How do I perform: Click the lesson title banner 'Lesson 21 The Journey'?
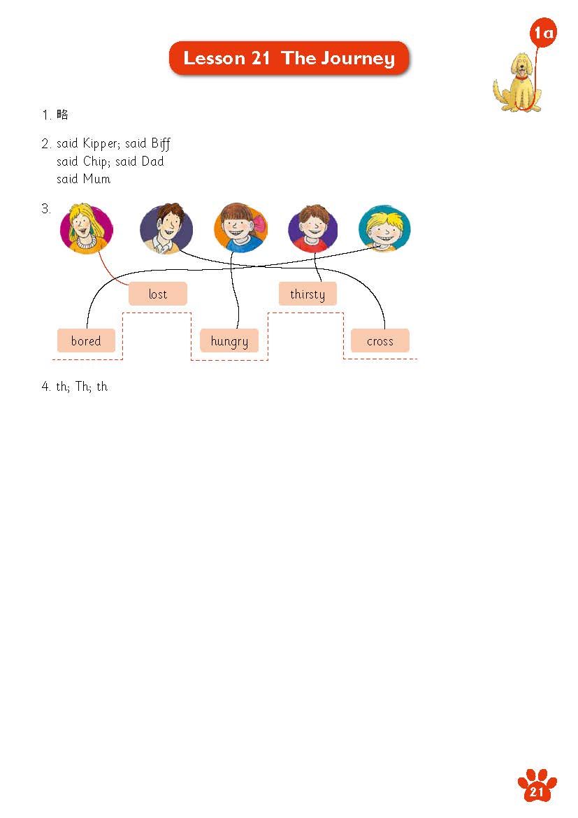pyautogui.click(x=289, y=58)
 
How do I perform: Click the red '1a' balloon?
pyautogui.click(x=543, y=33)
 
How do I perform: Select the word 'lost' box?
pyautogui.click(x=157, y=294)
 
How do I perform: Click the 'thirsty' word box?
pyautogui.click(x=308, y=294)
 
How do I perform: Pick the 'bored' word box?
pyautogui.click(x=86, y=340)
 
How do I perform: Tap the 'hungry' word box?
pyautogui.click(x=229, y=340)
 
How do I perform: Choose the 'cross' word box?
pyautogui.click(x=380, y=340)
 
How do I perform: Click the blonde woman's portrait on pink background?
pyautogui.click(x=86, y=229)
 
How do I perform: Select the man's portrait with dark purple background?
pyautogui.click(x=166, y=229)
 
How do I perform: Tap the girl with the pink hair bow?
pyautogui.click(x=240, y=228)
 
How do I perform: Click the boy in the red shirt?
pyautogui.click(x=313, y=229)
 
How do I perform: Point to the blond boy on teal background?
pyautogui.click(x=385, y=229)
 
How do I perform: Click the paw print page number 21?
pyautogui.click(x=537, y=786)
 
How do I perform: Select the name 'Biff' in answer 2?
pyautogui.click(x=161, y=143)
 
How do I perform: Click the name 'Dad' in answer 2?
pyautogui.click(x=152, y=162)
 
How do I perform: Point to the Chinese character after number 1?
pyautogui.click(x=62, y=114)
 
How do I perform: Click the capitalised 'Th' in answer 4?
pyautogui.click(x=82, y=386)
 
